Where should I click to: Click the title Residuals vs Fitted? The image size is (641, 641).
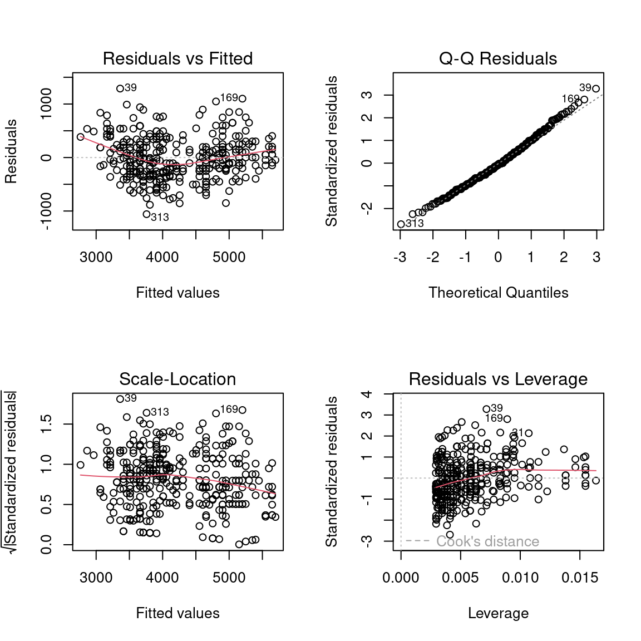coord(177,58)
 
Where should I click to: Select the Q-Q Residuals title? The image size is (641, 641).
coord(498,58)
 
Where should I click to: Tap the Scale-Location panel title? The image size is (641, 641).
coord(177,379)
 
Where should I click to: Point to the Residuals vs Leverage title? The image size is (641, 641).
coord(498,379)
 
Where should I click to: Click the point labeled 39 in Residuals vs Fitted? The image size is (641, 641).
coord(120,88)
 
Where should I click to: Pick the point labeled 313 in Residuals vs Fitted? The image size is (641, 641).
coord(147,214)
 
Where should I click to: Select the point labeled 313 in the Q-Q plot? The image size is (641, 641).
coord(401,224)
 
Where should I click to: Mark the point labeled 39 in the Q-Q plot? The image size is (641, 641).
coord(596,88)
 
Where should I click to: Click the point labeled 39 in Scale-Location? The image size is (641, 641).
coord(120,399)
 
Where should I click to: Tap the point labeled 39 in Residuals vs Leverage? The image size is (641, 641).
coord(486,409)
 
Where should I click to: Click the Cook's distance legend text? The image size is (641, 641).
coord(487,541)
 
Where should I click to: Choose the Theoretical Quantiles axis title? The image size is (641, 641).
coord(498,293)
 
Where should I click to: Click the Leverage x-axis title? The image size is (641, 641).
coord(498,613)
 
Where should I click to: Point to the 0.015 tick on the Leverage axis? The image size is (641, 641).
coord(580,578)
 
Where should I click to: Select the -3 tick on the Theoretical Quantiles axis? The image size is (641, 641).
coord(400,257)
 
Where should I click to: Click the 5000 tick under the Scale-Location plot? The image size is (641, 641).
coord(229,578)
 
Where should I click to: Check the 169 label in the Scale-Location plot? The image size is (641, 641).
coord(229,410)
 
